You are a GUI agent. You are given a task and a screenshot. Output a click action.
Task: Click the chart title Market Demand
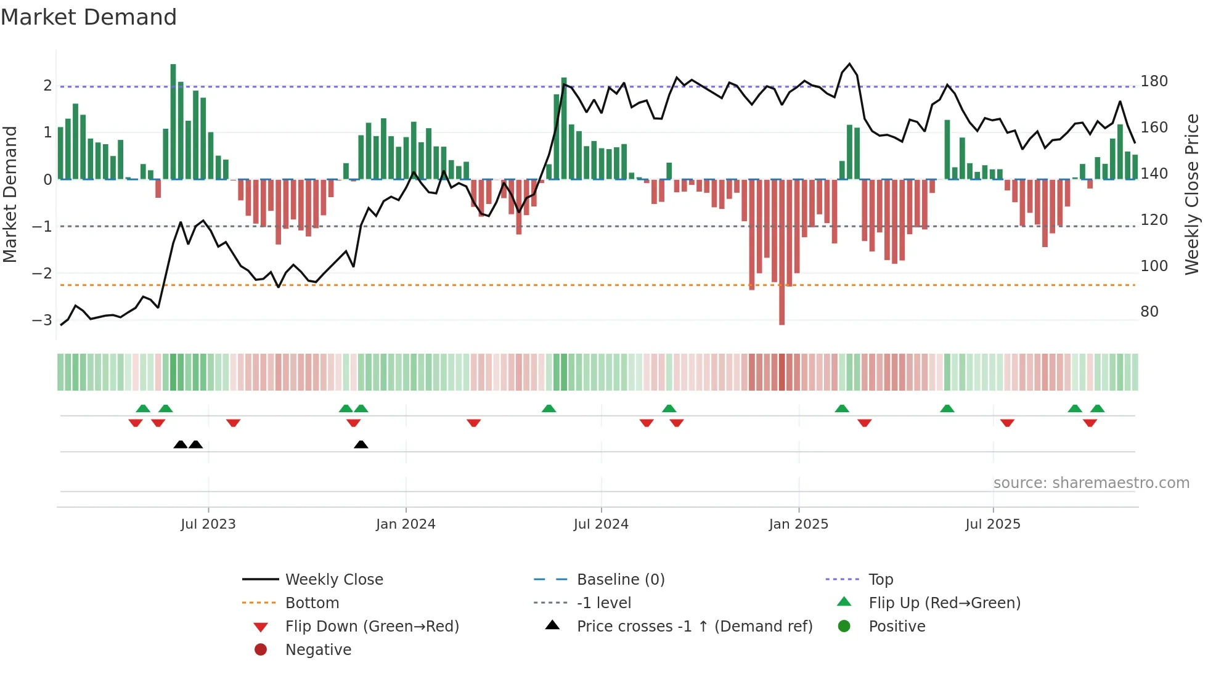point(89,17)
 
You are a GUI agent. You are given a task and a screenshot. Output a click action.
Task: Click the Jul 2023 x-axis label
point(208,524)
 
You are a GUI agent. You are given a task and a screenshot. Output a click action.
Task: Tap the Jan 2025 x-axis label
point(798,524)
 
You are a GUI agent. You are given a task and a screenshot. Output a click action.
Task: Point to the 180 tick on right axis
point(1154,81)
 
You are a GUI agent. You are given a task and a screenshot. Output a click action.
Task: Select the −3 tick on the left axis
point(42,320)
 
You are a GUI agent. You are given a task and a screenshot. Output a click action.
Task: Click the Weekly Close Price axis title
point(1192,194)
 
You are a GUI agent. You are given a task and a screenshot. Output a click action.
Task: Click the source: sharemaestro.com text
point(1091,482)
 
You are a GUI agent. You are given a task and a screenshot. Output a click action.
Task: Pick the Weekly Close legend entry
point(333,579)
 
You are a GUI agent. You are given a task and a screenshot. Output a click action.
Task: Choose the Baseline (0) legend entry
point(620,579)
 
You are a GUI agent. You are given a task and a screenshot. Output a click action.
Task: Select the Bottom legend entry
point(312,603)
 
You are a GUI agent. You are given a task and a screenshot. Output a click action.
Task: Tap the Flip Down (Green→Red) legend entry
point(372,626)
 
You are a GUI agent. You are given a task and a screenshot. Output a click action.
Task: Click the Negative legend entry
point(318,649)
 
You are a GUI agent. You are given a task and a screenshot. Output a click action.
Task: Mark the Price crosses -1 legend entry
point(694,626)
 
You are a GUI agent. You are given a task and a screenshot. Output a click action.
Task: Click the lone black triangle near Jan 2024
point(361,444)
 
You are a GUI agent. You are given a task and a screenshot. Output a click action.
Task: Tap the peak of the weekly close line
point(849,64)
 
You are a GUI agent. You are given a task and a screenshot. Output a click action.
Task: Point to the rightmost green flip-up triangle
point(1097,408)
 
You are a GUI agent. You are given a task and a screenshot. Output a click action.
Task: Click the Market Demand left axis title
point(10,194)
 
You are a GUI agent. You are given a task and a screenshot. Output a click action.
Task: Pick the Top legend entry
point(880,579)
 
